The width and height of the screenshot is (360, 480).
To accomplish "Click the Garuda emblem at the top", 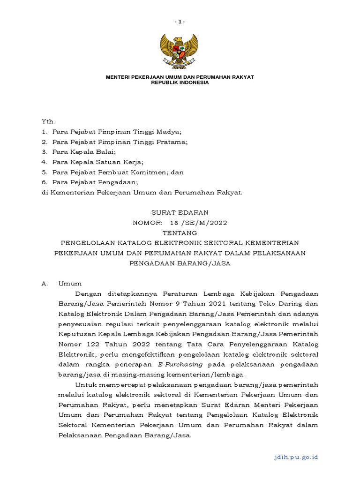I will (x=180, y=50).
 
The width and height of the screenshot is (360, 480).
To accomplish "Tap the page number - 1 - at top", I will (x=180, y=22).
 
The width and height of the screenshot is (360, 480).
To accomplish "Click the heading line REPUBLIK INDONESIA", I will (x=180, y=82).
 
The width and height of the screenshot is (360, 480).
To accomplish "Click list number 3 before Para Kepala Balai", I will (x=45, y=152).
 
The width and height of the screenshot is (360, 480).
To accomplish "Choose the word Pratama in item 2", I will (x=172, y=142).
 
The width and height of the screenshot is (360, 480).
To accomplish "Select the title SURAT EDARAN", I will (x=180, y=212).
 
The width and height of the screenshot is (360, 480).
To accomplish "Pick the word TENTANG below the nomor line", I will (x=180, y=233).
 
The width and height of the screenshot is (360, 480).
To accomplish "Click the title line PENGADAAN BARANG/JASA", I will (x=180, y=263).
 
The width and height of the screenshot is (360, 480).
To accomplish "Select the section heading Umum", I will (x=70, y=284).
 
